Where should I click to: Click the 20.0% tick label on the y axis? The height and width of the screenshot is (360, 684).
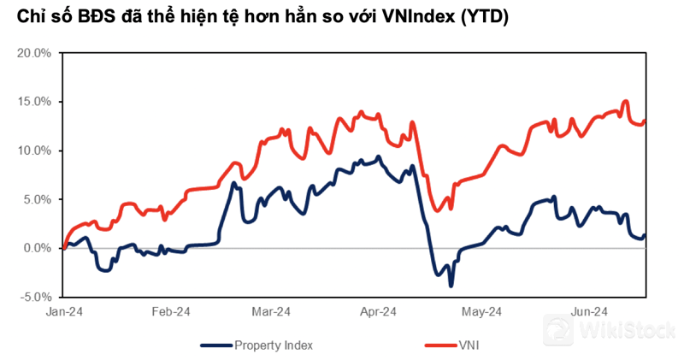(x=36, y=53)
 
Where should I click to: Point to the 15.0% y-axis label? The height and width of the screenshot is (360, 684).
(x=36, y=102)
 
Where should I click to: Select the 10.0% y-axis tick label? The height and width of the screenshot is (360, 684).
(x=36, y=150)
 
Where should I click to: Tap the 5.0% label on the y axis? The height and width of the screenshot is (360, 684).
(x=38, y=199)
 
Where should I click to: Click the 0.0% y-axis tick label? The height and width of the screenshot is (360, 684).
(x=38, y=248)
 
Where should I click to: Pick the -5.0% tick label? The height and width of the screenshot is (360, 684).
(x=37, y=297)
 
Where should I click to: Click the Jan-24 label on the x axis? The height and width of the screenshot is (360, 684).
(x=64, y=312)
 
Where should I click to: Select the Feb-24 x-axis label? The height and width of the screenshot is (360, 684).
(x=169, y=312)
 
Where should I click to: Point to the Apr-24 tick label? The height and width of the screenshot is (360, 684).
(x=379, y=312)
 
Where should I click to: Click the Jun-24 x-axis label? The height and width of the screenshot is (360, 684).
(x=588, y=312)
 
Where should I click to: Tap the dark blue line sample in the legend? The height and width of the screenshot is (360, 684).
(x=217, y=345)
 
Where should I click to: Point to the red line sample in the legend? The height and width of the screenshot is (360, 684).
(x=441, y=345)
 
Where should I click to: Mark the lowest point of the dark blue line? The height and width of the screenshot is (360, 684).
(x=451, y=286)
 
